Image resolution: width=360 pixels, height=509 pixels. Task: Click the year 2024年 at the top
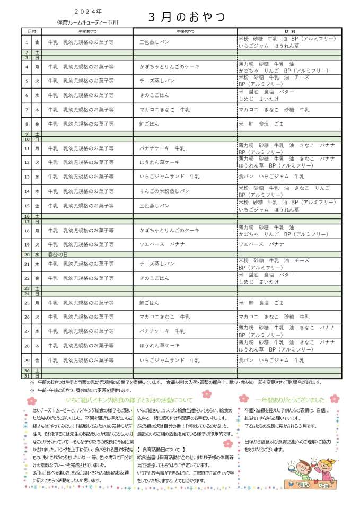(88, 11)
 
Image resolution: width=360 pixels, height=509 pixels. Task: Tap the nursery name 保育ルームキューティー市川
(88, 22)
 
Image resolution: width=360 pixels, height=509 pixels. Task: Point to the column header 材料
(289, 32)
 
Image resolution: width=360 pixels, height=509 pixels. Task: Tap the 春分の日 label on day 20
(58, 254)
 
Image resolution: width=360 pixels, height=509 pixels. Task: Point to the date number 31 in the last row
(27, 376)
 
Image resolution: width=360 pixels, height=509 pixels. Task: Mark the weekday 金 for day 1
(37, 41)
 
